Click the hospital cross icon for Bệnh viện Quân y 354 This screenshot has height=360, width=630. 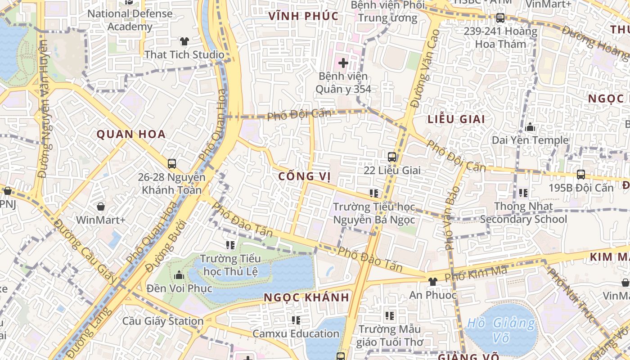[x=343, y=63]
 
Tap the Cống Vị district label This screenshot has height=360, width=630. [x=305, y=176]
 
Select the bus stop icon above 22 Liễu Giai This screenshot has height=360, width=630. [x=392, y=157]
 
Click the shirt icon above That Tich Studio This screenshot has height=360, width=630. [x=184, y=41]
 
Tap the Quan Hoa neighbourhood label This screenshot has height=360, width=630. [x=131, y=134]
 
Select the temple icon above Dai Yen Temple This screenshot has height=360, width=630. [x=530, y=127]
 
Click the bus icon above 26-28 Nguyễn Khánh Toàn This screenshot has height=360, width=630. [x=171, y=164]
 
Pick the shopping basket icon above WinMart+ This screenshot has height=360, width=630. [x=101, y=207]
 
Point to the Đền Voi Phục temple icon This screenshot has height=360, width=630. [x=179, y=274]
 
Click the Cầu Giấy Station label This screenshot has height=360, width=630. [x=163, y=321]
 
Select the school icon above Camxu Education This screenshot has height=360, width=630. [x=296, y=320]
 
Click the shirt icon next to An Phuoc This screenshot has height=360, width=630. [x=432, y=282]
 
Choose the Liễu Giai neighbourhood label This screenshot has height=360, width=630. [x=456, y=119]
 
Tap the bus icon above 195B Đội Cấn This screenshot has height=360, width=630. [x=581, y=175]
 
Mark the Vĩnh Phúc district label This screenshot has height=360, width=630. [x=303, y=16]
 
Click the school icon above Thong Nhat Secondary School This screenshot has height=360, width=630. [x=523, y=193]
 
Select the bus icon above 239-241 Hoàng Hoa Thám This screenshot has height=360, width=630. [x=500, y=18]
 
